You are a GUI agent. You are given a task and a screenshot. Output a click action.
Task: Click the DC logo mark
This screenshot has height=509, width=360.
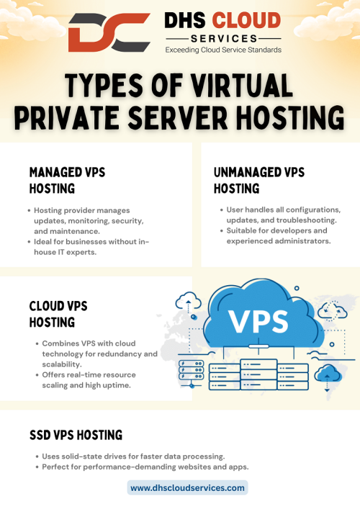tap(109, 32)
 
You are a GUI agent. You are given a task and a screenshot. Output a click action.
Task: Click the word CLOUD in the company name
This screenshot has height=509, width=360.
tap(246, 20)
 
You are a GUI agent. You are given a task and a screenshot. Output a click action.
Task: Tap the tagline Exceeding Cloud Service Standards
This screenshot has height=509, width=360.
tap(223, 50)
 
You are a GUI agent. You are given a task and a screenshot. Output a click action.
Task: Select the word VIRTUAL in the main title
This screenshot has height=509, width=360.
tap(241, 85)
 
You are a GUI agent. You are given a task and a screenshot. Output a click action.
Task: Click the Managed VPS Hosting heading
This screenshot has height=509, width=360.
tap(67, 180)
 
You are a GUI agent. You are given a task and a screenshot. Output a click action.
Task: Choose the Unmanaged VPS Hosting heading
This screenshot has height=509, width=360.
tap(259, 180)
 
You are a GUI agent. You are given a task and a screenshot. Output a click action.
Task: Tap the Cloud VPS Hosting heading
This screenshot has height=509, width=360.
tap(58, 314)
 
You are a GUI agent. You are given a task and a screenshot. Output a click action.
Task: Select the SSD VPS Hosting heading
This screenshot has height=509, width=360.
tap(76, 435)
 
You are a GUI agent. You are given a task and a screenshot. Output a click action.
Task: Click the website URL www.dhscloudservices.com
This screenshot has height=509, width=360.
tap(188, 488)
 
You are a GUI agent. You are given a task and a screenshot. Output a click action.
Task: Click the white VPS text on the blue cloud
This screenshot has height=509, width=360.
tap(258, 321)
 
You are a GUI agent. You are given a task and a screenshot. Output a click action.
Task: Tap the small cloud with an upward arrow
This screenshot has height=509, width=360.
tap(188, 301)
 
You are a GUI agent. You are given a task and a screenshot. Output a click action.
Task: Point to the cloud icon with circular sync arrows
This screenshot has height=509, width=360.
tap(332, 311)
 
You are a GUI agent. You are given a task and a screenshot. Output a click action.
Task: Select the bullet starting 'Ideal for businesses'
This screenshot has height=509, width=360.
tap(89, 247)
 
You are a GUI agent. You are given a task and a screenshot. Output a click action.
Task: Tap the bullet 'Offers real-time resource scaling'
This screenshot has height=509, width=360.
tap(86, 380)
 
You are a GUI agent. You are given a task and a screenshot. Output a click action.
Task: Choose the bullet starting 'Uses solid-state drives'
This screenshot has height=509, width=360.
tap(130, 456)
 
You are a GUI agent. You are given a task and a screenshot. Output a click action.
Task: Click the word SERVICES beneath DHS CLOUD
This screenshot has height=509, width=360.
tap(224, 39)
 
